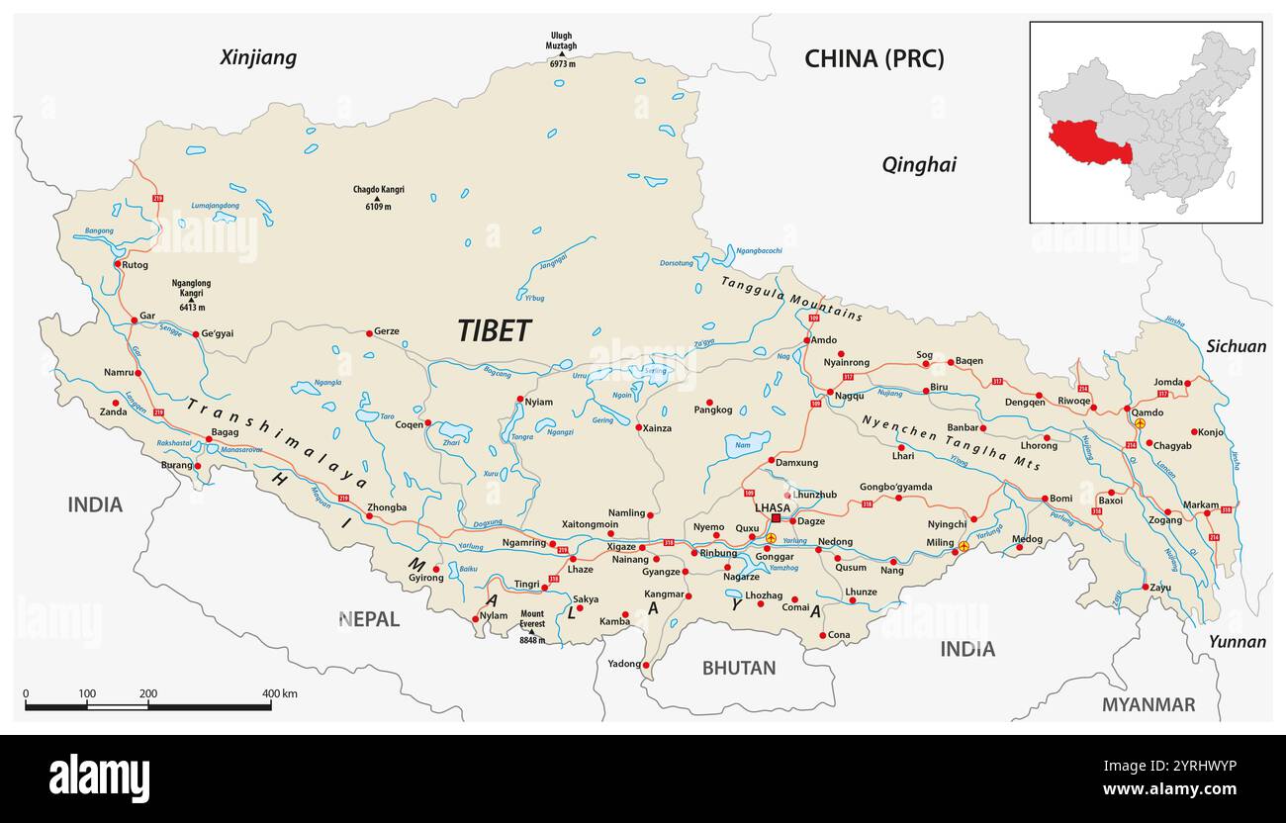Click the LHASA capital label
[773, 507]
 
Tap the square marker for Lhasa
[777, 518]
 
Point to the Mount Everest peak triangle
[531, 631]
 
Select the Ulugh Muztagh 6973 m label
[560, 49]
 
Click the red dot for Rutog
[118, 264]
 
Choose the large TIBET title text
[495, 331]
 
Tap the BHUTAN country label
[739, 668]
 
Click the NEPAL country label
[369, 619]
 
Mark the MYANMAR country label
[1148, 704]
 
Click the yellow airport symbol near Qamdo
[1140, 423]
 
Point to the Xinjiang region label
[258, 57]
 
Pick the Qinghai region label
[919, 165]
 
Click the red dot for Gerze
[369, 332]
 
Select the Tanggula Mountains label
[791, 298]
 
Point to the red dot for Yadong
[645, 665]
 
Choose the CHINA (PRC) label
[873, 58]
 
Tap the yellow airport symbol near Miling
[964, 546]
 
